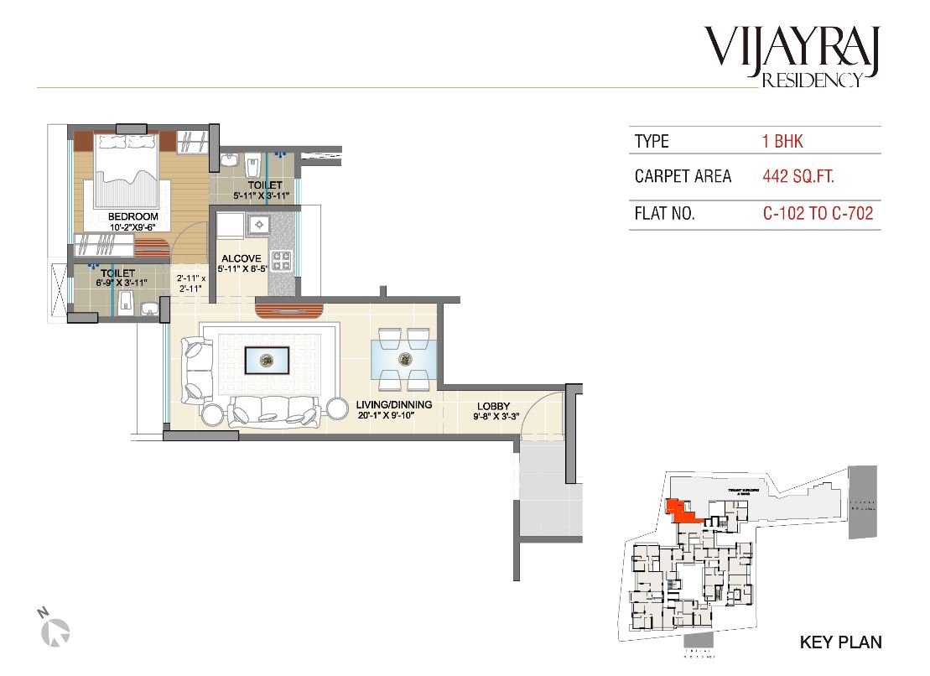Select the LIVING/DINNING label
coord(393,404)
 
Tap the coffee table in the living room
coord(267,361)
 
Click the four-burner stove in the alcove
coord(282,260)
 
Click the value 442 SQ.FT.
coord(798,177)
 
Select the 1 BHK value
coord(782,141)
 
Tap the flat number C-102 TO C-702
coord(818,214)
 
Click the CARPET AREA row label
coord(683,177)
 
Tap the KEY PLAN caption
coord(841,643)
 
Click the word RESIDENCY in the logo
coord(811,81)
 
